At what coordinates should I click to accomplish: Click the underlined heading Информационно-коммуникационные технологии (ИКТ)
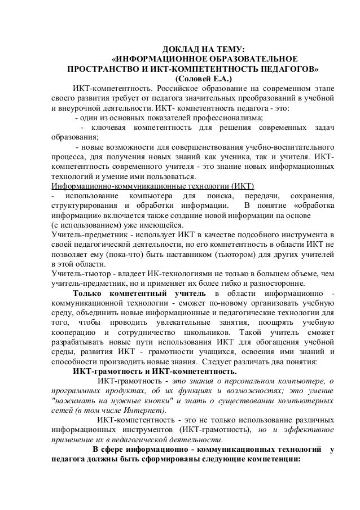coord(153,185)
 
